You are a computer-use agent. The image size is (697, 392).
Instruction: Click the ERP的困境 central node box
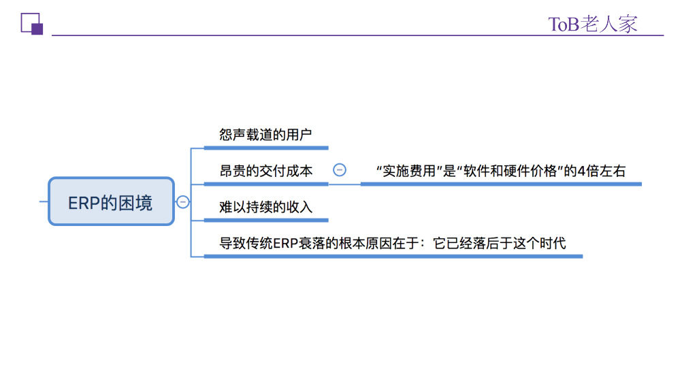click(x=111, y=201)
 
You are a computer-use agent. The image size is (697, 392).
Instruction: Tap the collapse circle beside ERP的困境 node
click(x=183, y=201)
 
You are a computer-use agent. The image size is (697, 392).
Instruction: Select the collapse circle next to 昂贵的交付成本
click(x=339, y=170)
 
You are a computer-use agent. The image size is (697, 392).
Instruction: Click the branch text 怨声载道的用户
click(x=265, y=135)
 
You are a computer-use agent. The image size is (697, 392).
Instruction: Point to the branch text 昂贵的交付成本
click(x=265, y=171)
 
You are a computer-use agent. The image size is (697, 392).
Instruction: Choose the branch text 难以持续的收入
click(x=265, y=207)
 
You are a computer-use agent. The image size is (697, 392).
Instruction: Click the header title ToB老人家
click(x=593, y=24)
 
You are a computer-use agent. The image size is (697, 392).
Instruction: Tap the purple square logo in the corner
click(x=32, y=24)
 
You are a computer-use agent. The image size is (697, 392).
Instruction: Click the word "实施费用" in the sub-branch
click(x=408, y=171)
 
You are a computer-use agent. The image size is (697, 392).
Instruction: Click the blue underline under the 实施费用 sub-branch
click(x=500, y=184)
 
